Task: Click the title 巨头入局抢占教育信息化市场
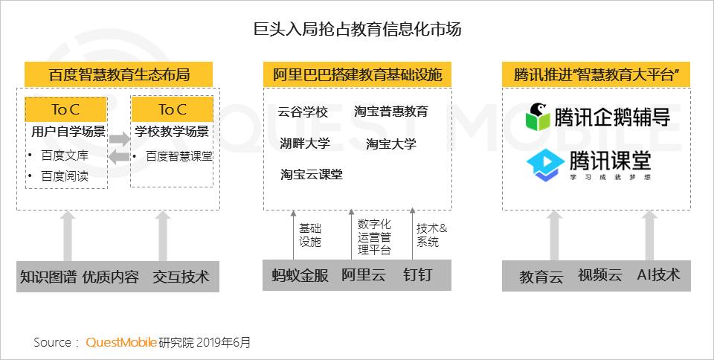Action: pos(358,29)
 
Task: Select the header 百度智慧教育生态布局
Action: pos(119,74)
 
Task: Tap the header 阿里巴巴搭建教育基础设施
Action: pos(358,74)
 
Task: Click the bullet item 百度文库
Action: pos(65,155)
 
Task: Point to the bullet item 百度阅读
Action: pos(65,176)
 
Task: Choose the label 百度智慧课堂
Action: pos(179,156)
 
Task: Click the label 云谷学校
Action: pos(303,112)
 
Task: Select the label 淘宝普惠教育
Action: pos(391,112)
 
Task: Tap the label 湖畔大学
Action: pos(305,144)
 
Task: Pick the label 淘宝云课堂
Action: pos(312,174)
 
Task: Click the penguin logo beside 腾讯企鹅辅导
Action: pos(538,117)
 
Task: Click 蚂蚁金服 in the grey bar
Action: pos(300,275)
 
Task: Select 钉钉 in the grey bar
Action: pos(417,275)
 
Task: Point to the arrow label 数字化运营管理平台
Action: pos(374,237)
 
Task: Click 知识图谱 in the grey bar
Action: pos(48,277)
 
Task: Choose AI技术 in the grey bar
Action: pos(658,275)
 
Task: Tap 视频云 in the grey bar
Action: pos(599,275)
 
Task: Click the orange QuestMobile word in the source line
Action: pos(121,342)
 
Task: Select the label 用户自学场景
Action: pos(68,132)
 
